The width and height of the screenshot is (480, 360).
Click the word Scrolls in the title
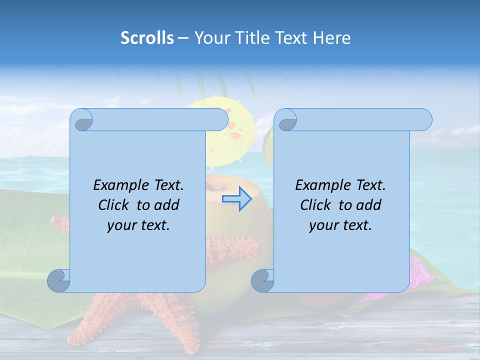coord(147,38)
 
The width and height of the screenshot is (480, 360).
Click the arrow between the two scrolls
coord(236,199)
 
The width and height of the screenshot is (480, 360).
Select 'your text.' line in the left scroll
coord(138,225)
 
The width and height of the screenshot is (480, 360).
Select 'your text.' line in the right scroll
coord(340,225)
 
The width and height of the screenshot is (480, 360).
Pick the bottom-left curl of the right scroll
coord(263,281)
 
